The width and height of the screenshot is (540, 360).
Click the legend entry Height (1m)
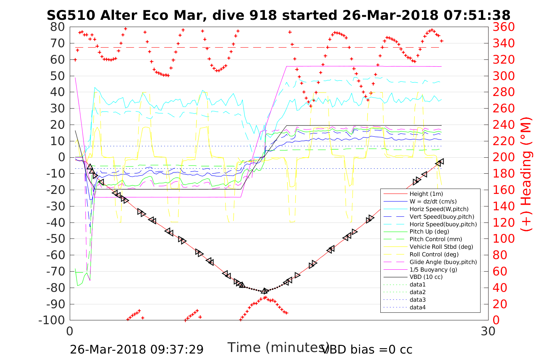click(426, 194)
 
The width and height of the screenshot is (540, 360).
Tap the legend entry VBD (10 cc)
click(426, 277)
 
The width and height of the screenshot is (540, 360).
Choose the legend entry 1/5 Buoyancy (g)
click(433, 269)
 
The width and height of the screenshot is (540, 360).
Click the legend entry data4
click(417, 307)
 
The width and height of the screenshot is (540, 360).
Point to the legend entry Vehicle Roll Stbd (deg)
click(441, 247)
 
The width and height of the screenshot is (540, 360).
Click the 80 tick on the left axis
click(58, 27)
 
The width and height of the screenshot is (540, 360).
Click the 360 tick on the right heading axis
click(503, 27)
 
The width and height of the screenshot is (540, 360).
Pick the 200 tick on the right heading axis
click(503, 157)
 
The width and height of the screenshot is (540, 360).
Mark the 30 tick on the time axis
click(488, 331)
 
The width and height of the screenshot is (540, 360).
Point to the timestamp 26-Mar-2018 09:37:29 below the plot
click(136, 349)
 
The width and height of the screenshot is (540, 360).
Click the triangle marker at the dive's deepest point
click(264, 291)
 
